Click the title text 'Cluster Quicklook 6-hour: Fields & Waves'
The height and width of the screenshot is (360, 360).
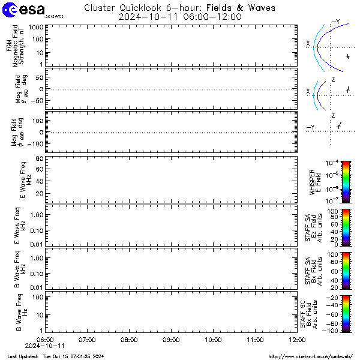coord(179,8)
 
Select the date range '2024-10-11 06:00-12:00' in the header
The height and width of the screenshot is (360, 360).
coord(179,17)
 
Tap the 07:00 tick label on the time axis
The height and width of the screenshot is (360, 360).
coord(88,340)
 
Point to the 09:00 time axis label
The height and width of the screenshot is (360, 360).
coord(171,340)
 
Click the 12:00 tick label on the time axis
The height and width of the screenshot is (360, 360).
coord(296,340)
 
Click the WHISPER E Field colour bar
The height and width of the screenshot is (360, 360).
coord(329,180)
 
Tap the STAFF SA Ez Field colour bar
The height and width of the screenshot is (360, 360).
coord(329,227)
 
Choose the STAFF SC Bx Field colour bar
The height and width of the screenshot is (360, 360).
coord(329,313)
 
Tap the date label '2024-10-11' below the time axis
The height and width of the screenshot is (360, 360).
coord(45,346)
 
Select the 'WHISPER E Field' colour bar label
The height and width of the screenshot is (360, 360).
coord(315,180)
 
